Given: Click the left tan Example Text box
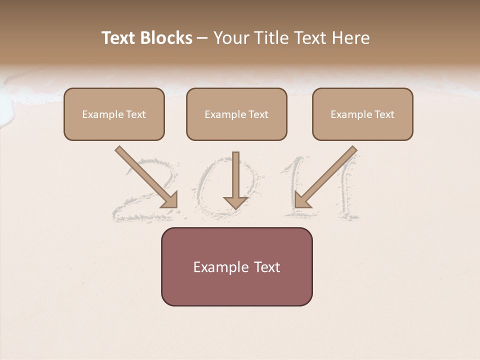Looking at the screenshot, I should coord(114,114).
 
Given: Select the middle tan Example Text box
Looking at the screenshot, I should coord(236,114).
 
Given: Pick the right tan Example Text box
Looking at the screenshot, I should coord(362,114).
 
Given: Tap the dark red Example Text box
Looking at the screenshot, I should coord(236,266).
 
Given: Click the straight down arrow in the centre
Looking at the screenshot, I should coord(235,177).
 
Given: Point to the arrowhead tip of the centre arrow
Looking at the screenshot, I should coord(235,207).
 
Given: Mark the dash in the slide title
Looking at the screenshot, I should coord(202,38).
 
